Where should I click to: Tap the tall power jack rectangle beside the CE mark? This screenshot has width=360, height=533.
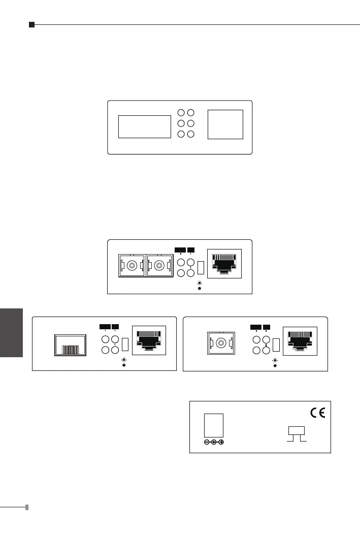(x=214, y=425)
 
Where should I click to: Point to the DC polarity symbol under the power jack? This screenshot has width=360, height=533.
(x=214, y=442)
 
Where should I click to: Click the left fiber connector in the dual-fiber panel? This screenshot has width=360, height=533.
(x=132, y=265)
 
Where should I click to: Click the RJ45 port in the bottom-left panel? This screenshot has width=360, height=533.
(x=148, y=340)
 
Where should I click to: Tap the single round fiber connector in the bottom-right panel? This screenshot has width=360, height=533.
(x=221, y=343)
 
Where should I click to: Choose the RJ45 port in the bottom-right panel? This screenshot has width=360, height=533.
(x=300, y=340)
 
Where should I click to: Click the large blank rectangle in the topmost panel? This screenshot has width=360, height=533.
(x=144, y=127)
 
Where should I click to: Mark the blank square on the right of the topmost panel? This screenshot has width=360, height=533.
(x=225, y=124)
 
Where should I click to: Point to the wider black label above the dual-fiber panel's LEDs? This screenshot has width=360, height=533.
(x=180, y=249)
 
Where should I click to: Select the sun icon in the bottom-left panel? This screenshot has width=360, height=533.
(x=123, y=359)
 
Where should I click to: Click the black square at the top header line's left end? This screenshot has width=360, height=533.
(x=31, y=24)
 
